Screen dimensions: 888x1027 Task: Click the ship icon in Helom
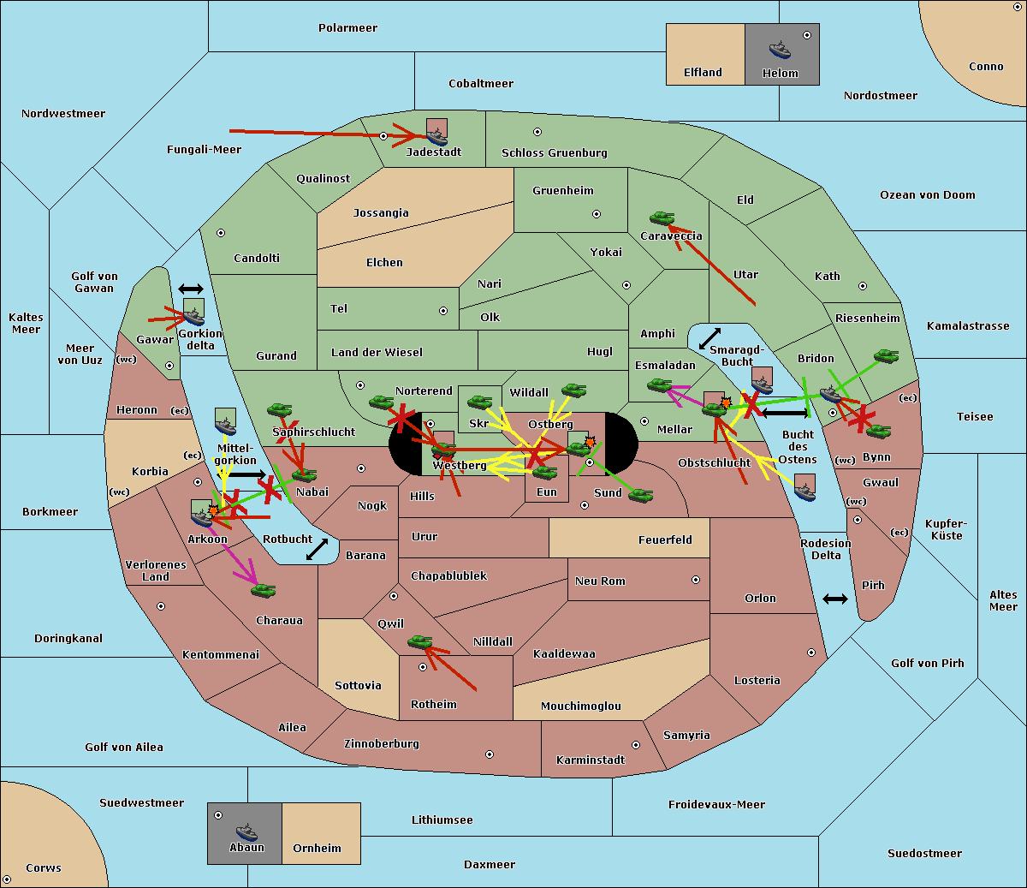point(780,50)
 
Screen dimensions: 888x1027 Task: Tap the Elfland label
point(703,73)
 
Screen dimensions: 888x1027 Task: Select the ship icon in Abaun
point(246,831)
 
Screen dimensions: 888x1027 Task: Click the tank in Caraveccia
point(662,219)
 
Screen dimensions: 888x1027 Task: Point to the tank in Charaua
point(263,590)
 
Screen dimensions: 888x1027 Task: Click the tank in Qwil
point(419,641)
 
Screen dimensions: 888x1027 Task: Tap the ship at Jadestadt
point(436,136)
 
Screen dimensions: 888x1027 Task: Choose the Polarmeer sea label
point(347,28)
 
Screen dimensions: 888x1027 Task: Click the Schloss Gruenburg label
point(554,153)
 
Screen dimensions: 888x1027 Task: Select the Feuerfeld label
point(665,540)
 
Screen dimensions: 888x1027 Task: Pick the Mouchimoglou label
point(580,706)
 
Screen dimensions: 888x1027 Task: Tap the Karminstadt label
point(591,760)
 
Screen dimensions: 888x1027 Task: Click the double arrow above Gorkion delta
point(190,289)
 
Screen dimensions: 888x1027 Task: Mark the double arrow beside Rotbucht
point(317,549)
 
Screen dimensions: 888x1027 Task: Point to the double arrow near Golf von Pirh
point(834,599)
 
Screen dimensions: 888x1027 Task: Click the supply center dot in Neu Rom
point(695,580)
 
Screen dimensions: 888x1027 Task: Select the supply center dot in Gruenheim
point(597,214)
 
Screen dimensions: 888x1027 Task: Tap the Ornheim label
point(317,849)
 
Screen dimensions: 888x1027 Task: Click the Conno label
point(986,67)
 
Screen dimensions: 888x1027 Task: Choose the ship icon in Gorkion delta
point(193,314)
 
